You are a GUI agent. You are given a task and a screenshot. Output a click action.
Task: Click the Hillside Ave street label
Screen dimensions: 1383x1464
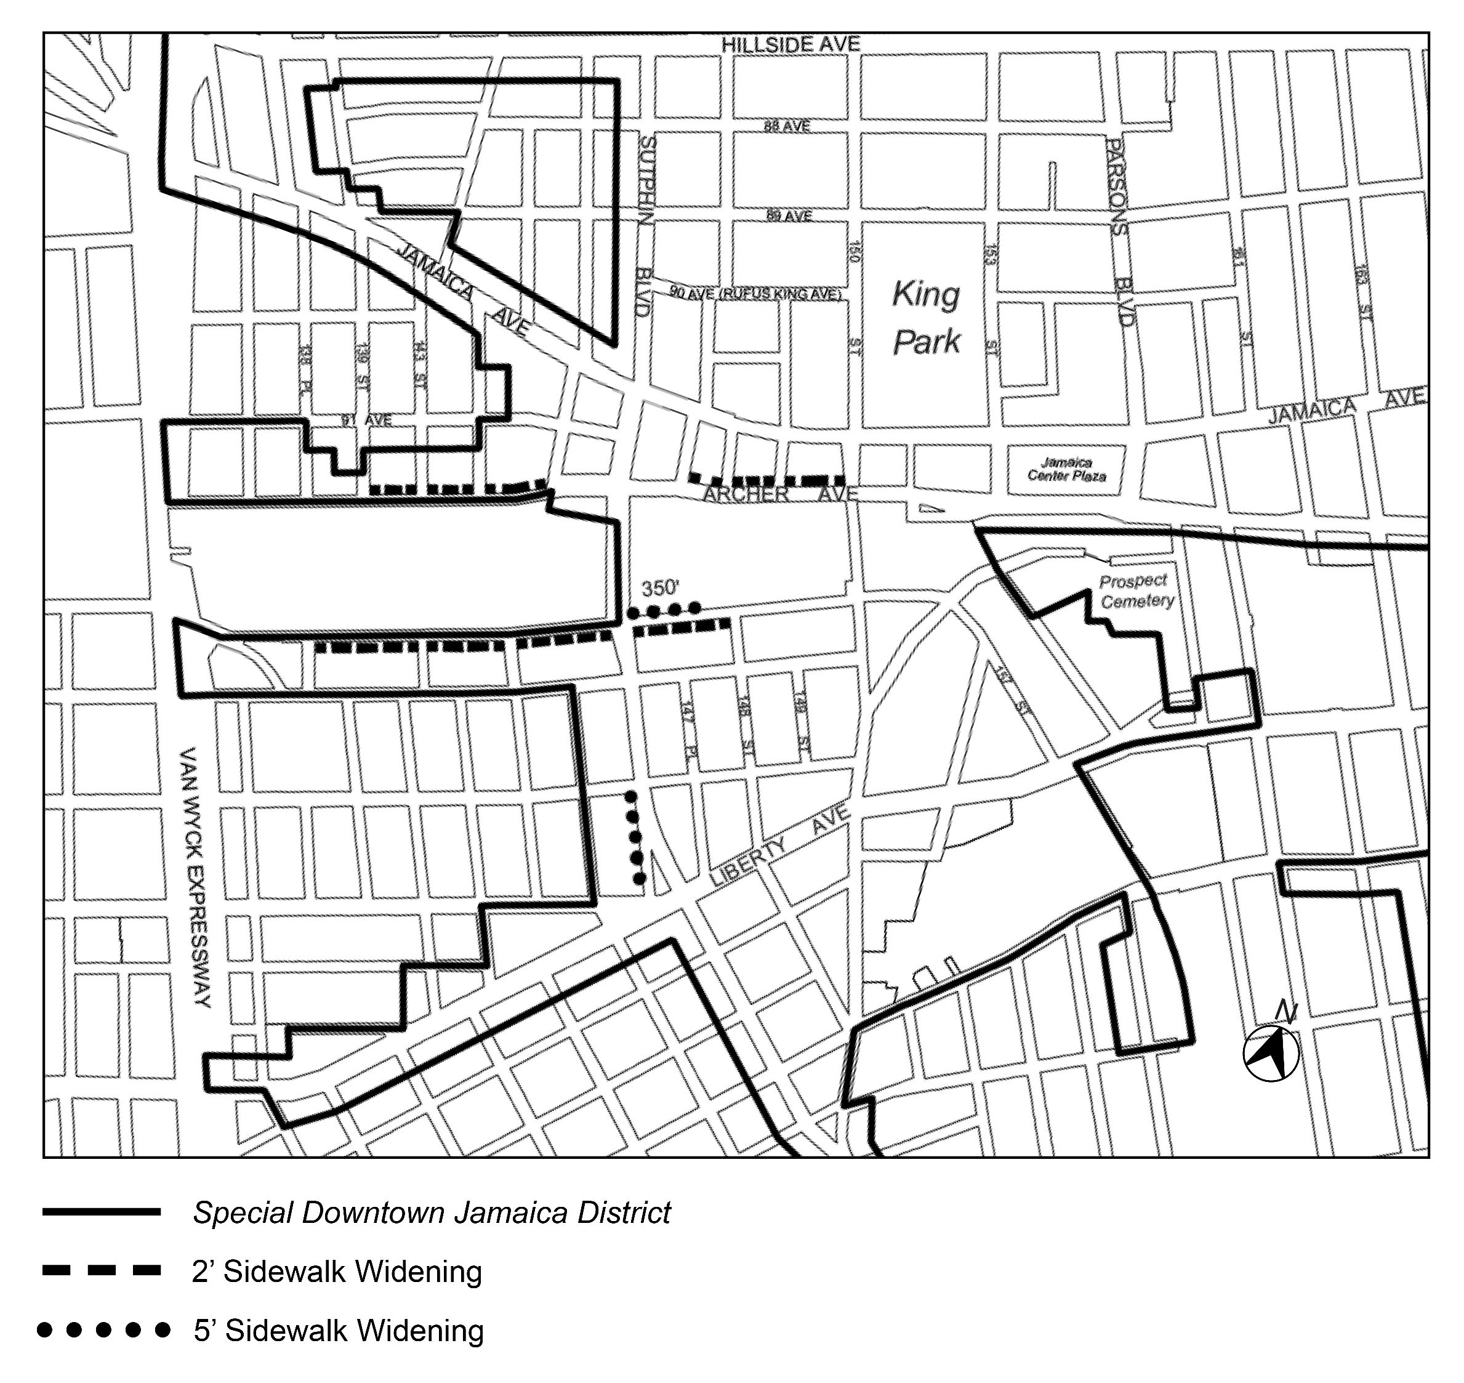coord(790,45)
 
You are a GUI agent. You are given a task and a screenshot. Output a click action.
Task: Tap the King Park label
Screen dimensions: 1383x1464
coord(926,318)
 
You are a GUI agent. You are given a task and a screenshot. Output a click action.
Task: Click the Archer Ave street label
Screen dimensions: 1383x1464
coord(780,494)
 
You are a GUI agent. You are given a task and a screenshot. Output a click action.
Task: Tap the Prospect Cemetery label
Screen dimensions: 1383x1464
coord(1136,591)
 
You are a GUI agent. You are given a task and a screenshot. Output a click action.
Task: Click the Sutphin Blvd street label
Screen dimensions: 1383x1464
coord(645,225)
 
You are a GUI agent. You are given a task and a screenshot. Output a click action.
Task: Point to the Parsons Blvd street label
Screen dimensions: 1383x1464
coord(1120,232)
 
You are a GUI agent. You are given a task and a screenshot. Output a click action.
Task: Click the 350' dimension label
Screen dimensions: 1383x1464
coord(660,588)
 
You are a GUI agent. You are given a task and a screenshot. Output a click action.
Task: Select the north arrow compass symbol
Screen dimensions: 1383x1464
coord(1271,1053)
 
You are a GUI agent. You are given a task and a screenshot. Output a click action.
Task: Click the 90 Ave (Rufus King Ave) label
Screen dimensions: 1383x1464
coord(755,293)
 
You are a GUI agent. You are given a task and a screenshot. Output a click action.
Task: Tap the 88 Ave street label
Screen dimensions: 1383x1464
coord(787,127)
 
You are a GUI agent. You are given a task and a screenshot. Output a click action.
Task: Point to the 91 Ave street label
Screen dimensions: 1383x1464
coord(366,420)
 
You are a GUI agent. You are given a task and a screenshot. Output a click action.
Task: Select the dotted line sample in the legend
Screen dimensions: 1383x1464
coord(103,1330)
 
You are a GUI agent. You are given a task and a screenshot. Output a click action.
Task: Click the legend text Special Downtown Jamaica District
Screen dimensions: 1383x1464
coord(431,1212)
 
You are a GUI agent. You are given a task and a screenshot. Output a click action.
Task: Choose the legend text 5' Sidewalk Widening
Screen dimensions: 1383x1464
coord(339,1331)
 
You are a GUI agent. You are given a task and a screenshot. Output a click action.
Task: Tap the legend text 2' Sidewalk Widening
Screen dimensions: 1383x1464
coord(337,1272)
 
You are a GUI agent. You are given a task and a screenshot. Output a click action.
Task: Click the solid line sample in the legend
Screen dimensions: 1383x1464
coord(102,1212)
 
